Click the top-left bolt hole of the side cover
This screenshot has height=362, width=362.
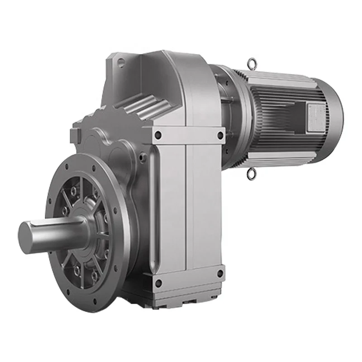click(x=157, y=134)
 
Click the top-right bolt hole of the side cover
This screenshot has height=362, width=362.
click(x=220, y=134)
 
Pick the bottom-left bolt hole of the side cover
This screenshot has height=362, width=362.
click(x=158, y=284)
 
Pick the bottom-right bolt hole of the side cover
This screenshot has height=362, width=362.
click(x=220, y=273)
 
